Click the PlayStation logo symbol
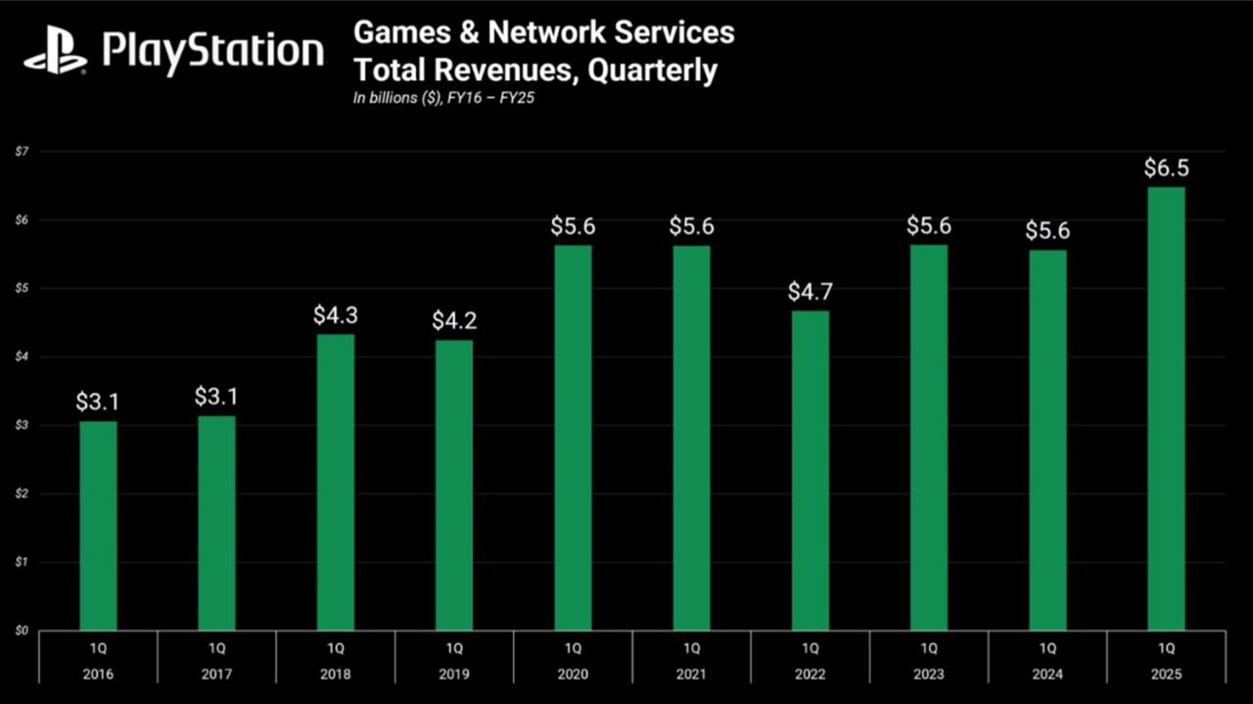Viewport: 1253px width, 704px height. click(x=55, y=51)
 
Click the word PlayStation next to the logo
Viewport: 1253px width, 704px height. click(x=212, y=50)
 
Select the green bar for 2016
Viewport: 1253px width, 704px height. click(x=98, y=526)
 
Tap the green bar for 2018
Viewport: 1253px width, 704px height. click(x=336, y=482)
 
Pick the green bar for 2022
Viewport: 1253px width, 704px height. click(x=811, y=470)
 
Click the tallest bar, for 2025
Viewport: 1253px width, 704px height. click(x=1166, y=408)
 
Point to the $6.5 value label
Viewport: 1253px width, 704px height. click(x=1166, y=167)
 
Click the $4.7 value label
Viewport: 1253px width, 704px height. click(x=811, y=291)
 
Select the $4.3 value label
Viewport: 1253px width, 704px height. click(x=336, y=315)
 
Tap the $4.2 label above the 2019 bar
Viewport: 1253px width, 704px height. click(x=454, y=320)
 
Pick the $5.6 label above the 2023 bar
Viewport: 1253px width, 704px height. click(x=929, y=226)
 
